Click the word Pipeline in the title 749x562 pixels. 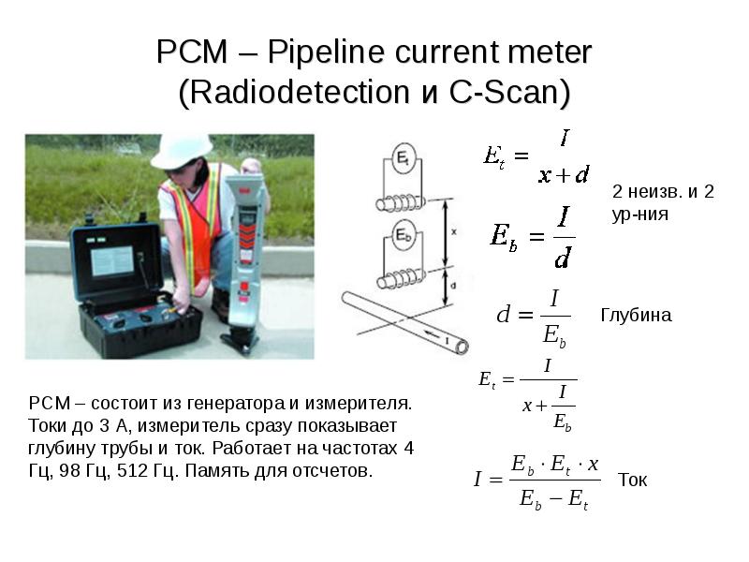pos(326,52)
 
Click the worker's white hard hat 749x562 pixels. pos(183,151)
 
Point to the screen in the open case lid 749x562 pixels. pos(112,261)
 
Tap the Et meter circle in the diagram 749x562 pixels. pos(404,157)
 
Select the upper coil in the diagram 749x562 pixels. pos(401,203)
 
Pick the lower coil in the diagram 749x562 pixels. pos(402,278)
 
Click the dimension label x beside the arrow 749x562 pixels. pos(454,231)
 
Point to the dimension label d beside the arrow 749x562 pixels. pos(453,286)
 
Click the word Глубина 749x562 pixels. pos(636,316)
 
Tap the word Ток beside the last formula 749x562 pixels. pos(633,480)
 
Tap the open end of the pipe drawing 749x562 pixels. pos(462,346)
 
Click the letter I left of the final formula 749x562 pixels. pos(477,479)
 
